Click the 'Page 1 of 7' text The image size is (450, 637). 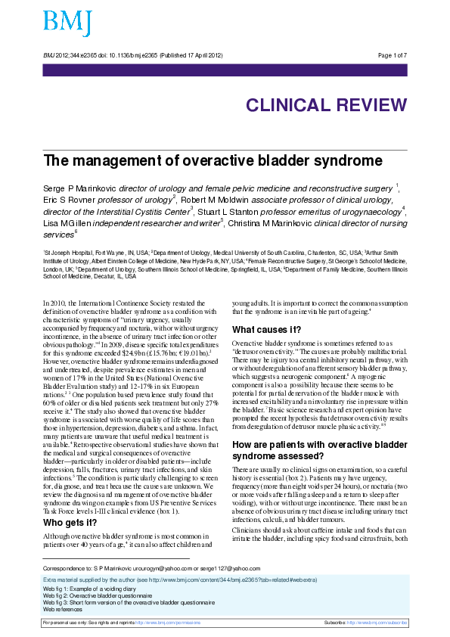(392, 56)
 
